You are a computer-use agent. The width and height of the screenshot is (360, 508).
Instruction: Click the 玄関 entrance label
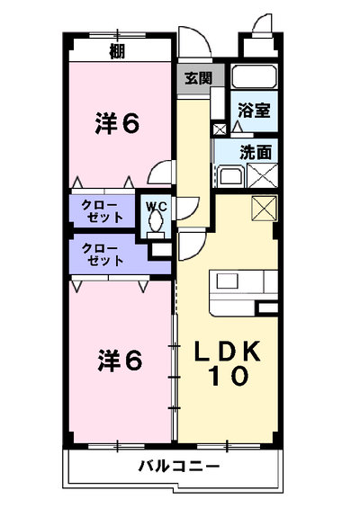tap(198, 78)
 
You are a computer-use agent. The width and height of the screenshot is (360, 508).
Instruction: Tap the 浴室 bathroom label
tap(254, 111)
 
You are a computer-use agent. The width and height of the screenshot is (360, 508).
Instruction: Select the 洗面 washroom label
tap(256, 152)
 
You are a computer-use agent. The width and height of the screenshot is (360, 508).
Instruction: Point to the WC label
tap(156, 207)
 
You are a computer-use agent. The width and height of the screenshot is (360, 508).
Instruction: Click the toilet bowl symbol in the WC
tap(156, 221)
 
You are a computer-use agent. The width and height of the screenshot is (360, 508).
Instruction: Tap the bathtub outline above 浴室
tap(255, 76)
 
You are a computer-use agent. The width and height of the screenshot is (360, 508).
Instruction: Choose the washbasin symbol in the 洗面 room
tap(231, 176)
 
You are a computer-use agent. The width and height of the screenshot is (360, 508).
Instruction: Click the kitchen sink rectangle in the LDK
tap(227, 281)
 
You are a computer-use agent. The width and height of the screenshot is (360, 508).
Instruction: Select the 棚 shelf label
tap(117, 51)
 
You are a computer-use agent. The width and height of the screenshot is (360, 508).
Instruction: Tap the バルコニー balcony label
tap(179, 467)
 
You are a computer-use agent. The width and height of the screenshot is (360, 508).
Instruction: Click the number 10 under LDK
tap(229, 376)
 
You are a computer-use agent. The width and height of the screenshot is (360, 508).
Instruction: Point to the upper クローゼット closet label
tap(103, 211)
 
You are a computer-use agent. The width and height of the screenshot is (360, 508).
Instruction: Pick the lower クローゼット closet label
tap(103, 254)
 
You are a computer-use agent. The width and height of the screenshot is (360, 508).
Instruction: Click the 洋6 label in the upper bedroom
tap(117, 123)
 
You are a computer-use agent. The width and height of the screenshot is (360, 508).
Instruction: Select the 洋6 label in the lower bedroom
tap(120, 361)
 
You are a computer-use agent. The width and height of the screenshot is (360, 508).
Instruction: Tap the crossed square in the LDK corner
tap(265, 209)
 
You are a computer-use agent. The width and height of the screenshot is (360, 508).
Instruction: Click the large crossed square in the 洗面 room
tap(263, 175)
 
